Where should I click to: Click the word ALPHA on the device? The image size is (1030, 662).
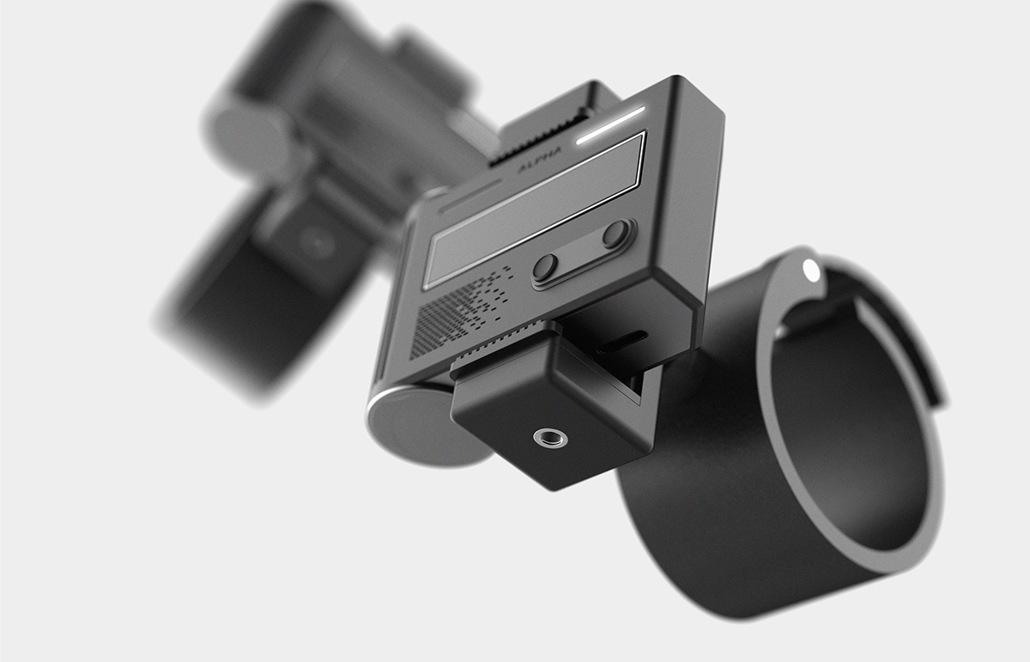pyautogui.click(x=539, y=159)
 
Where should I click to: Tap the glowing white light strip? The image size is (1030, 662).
pyautogui.click(x=610, y=125)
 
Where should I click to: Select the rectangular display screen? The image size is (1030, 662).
pyautogui.click(x=534, y=210)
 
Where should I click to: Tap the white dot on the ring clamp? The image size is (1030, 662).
pyautogui.click(x=810, y=270)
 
